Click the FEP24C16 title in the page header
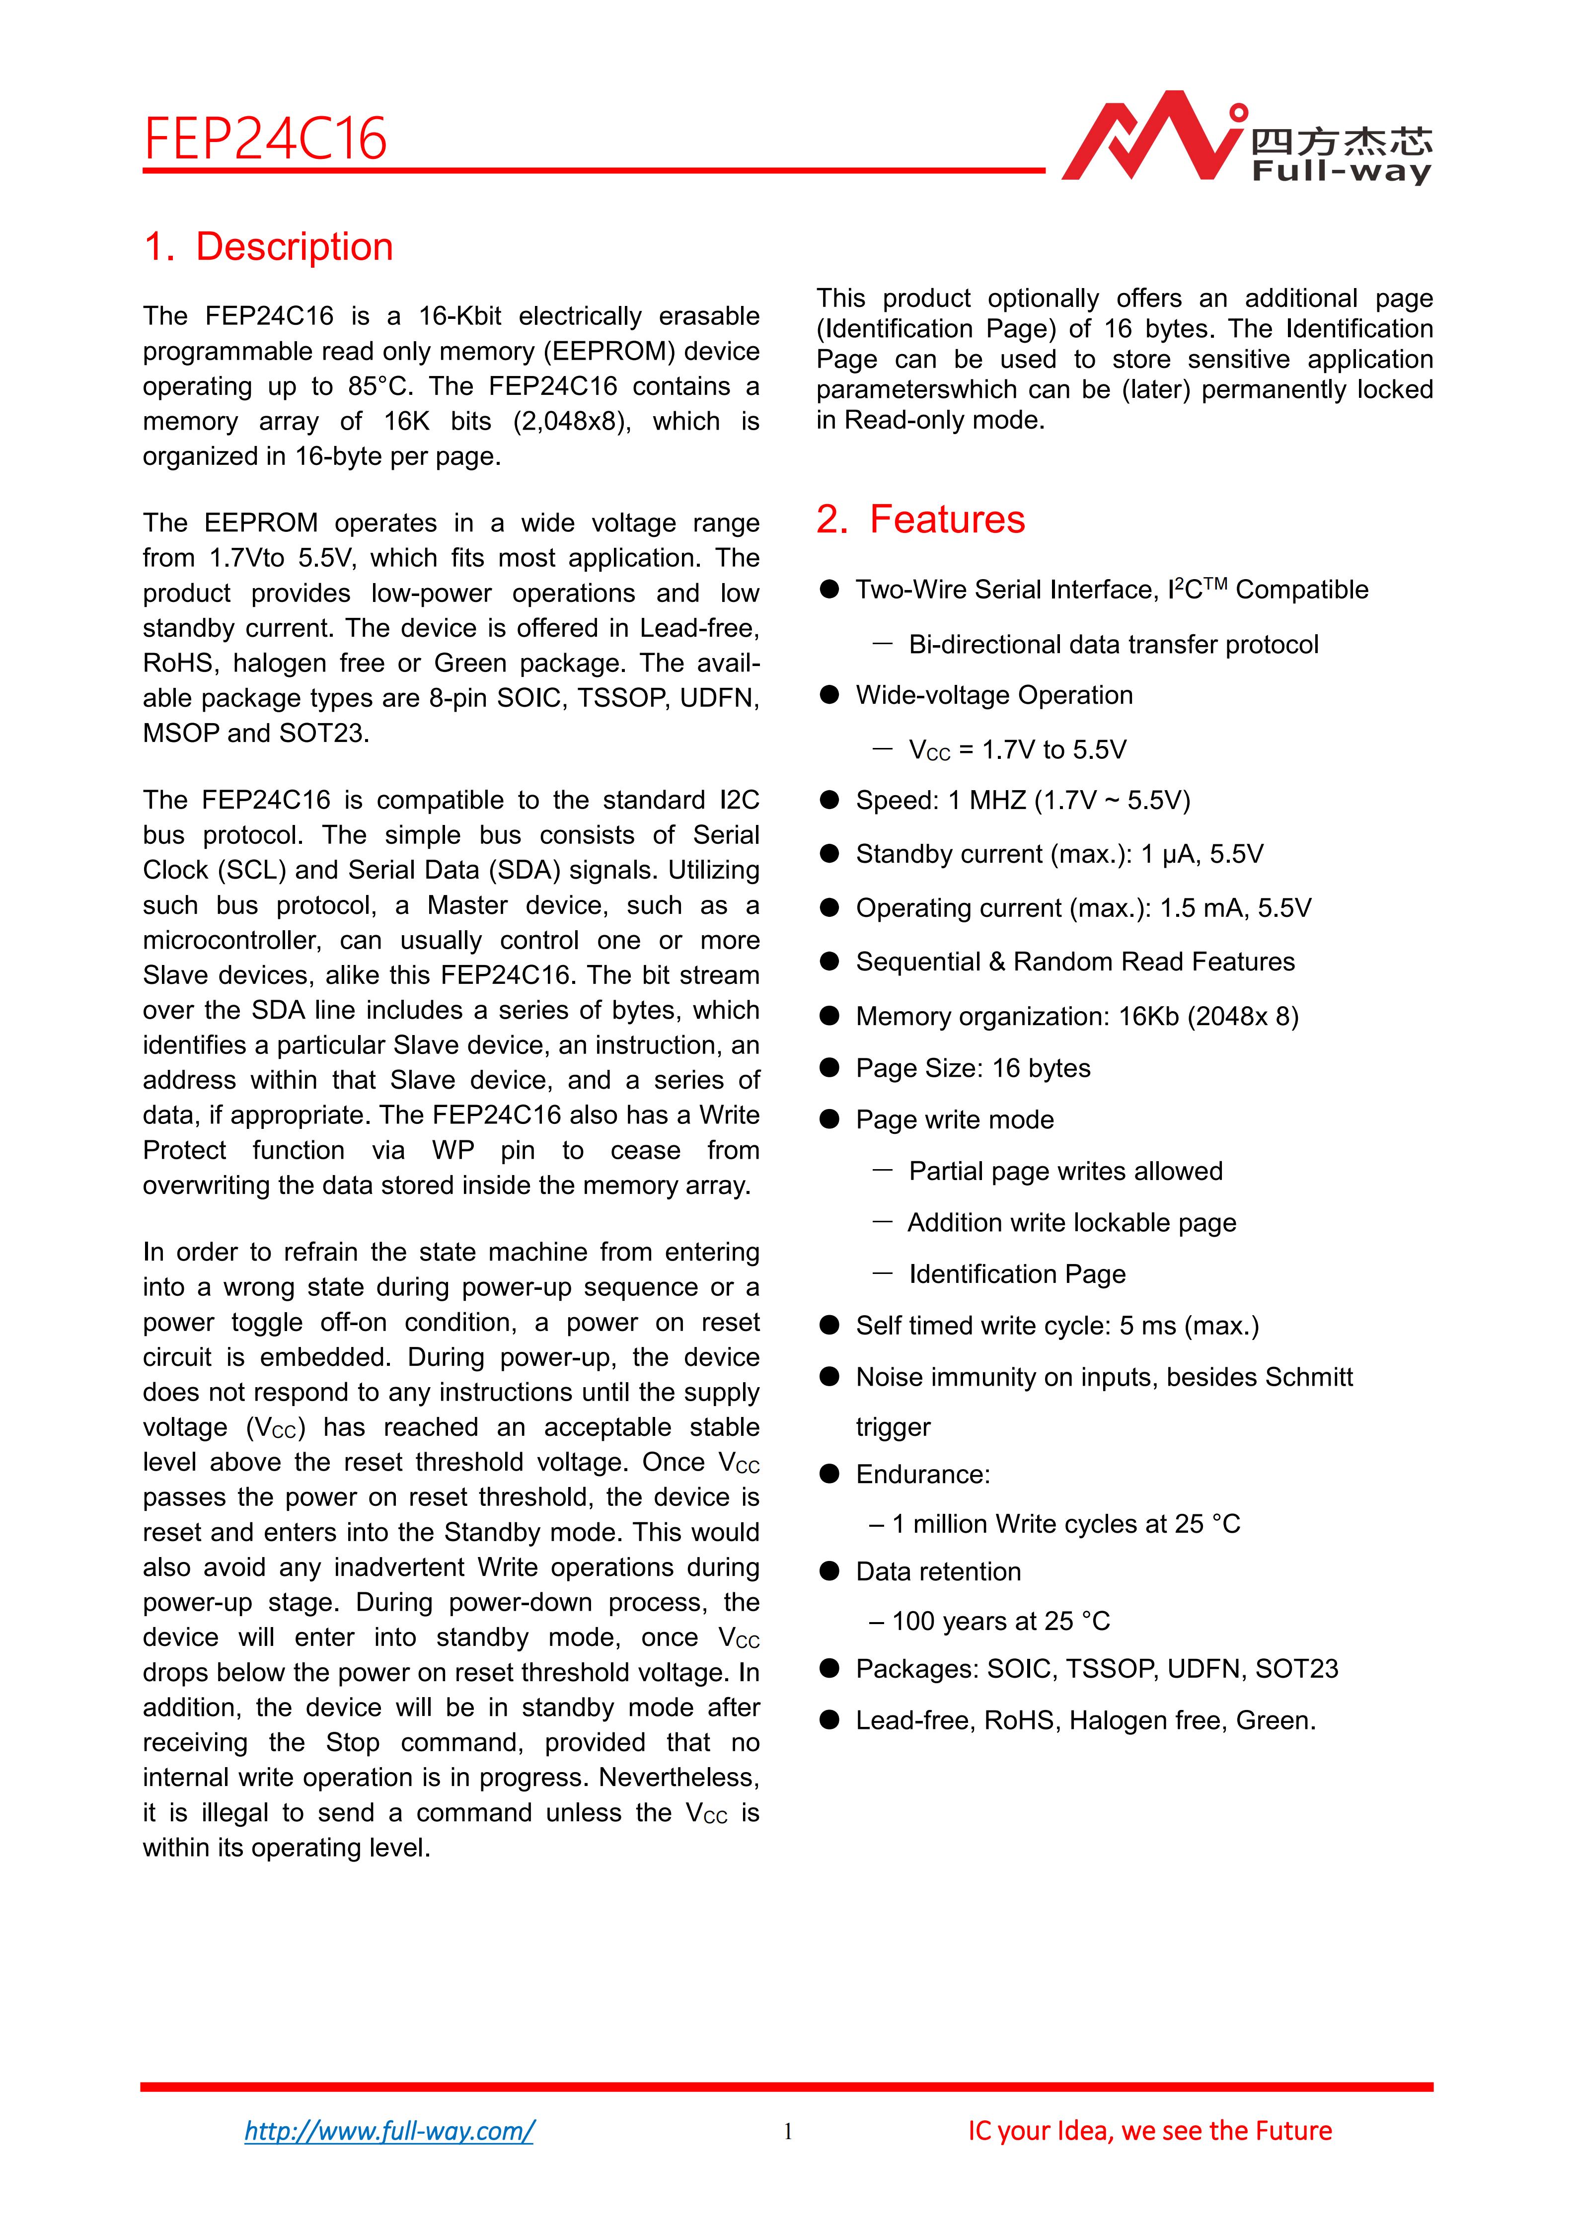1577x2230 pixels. pos(265,139)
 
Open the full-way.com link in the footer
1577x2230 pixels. pos(388,2131)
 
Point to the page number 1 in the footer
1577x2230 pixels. pos(788,2132)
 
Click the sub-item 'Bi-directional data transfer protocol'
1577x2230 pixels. pos(1113,645)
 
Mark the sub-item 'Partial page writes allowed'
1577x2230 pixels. pos(1065,1171)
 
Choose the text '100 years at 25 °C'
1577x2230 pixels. pos(1000,1621)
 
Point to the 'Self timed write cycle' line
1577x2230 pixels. pos(1056,1326)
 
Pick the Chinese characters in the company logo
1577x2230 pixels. pos(1341,143)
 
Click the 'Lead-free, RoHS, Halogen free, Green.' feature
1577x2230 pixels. pos(1085,1721)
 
